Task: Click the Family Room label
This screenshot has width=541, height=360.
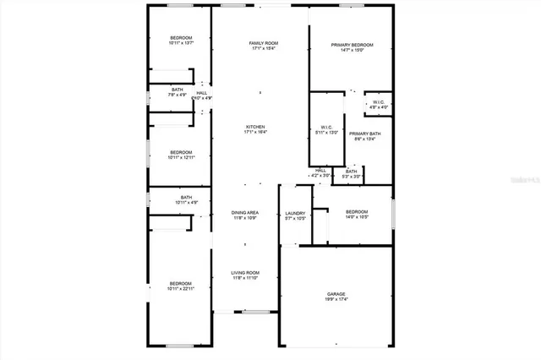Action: [x=264, y=42]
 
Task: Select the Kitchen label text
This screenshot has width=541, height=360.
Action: [x=255, y=127]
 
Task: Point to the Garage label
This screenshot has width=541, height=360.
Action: [x=336, y=294]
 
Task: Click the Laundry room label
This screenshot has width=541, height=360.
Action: [x=295, y=213]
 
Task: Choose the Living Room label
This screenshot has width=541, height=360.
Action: [x=245, y=272]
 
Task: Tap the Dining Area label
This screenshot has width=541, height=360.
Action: [x=246, y=212]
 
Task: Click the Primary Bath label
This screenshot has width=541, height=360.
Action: [x=365, y=134]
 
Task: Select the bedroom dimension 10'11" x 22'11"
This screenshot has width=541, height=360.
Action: [x=180, y=289]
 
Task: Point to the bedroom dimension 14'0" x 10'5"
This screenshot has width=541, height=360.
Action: [x=356, y=217]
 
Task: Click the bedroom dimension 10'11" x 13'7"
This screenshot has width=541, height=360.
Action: [x=181, y=43]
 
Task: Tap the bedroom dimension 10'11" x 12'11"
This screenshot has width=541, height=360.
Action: [x=181, y=157]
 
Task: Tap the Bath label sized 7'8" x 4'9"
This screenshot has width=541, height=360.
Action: [x=178, y=89]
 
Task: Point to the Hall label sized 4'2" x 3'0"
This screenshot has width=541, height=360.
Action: [x=321, y=171]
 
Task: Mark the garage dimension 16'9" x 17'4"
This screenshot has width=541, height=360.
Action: [x=336, y=300]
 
